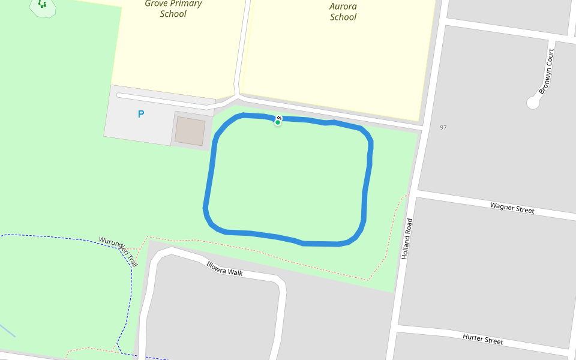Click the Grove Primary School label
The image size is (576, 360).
pos(173,8)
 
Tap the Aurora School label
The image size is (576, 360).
pos(343,11)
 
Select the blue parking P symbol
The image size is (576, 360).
pos(141,114)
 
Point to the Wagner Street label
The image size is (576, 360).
pos(512,208)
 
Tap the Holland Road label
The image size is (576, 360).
pos(407,238)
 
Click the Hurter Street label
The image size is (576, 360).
pos(483,339)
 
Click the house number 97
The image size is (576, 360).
pos(443,128)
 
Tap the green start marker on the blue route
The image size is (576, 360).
pos(278,122)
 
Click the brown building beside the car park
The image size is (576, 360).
pos(190,131)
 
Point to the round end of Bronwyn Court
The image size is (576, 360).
pos(533,103)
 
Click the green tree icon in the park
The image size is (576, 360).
pos(42,4)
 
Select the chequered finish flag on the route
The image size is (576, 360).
pos(280,118)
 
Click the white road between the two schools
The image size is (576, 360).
pos(241,48)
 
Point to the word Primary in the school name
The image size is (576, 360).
pos(185,4)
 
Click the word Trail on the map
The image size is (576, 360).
pos(131,260)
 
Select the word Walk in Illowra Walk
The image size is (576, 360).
pos(235,272)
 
